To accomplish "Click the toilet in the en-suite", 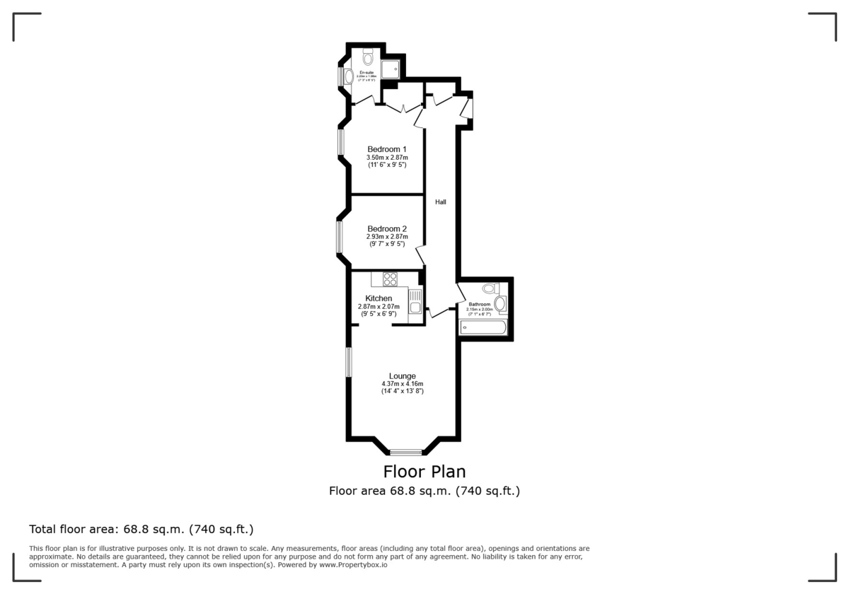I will pyautogui.click(x=368, y=56).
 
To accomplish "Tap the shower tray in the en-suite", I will pyautogui.click(x=390, y=69).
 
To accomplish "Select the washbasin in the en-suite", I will pyautogui.click(x=350, y=75).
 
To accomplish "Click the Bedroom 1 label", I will pyautogui.click(x=387, y=149).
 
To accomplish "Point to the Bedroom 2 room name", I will pyautogui.click(x=387, y=229).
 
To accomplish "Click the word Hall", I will pyautogui.click(x=441, y=202).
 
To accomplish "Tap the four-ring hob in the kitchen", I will pyautogui.click(x=390, y=279).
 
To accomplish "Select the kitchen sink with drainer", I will pyautogui.click(x=415, y=303).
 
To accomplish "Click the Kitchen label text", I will pyautogui.click(x=379, y=298).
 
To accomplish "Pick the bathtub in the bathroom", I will pyautogui.click(x=483, y=327).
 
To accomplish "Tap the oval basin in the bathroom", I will pyautogui.click(x=500, y=304).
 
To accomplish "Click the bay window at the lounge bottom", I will pyautogui.click(x=405, y=452).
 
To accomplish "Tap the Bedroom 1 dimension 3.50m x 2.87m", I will pyautogui.click(x=387, y=158).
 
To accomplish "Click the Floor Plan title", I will pyautogui.click(x=424, y=471).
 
